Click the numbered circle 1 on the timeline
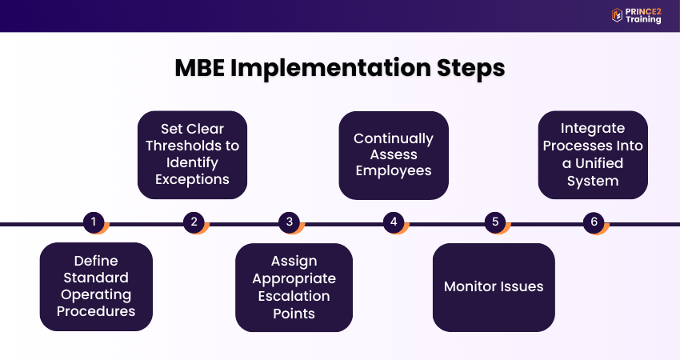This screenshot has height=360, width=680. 94,222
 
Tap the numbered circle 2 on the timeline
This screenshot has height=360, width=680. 194,222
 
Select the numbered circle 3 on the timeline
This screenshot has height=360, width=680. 290,222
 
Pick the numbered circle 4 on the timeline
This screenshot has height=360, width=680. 393,222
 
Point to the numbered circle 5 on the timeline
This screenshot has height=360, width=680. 494,222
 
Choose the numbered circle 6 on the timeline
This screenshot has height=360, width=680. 593,222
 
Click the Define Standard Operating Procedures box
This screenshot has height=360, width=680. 95,286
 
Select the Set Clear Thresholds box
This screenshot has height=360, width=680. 192,154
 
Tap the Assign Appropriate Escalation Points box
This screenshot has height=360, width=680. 294,287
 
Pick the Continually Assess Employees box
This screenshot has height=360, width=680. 393,154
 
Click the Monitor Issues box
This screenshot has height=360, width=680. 494,286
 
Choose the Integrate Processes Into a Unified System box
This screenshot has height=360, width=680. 592,154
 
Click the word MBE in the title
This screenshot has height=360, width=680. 200,69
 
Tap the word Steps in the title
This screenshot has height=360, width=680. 471,69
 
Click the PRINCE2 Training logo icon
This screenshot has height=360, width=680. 617,15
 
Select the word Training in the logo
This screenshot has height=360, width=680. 643,20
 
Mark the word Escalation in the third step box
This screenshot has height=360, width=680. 294,296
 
